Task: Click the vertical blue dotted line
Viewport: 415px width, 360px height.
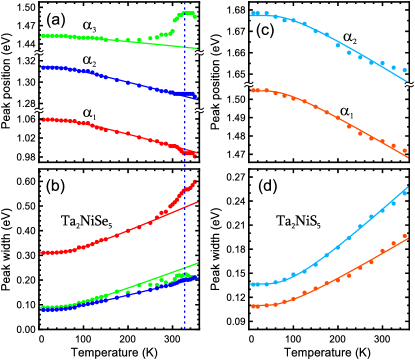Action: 185,200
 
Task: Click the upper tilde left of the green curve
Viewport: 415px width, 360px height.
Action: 38,53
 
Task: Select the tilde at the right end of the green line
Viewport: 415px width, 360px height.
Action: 199,53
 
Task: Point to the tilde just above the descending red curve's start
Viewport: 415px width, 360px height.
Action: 38,111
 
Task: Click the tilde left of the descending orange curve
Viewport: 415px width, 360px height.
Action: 248,85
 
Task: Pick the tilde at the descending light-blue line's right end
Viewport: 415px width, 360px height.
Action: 409,85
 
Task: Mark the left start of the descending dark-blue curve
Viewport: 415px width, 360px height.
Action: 43,67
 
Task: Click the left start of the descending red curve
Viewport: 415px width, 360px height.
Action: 43,119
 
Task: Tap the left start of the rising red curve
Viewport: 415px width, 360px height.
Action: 43,252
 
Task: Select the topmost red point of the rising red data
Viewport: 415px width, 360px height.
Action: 194,182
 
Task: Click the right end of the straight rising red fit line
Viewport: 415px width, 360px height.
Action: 197,203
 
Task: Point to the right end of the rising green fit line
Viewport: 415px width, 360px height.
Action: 197,264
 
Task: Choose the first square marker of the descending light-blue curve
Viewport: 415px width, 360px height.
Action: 254,14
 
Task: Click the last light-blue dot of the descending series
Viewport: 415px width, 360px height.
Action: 405,70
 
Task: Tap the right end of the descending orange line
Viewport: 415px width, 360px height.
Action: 407,157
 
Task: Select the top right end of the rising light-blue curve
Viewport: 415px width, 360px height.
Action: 407,187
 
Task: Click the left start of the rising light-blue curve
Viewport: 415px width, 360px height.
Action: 253,285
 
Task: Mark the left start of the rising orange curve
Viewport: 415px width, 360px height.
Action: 253,306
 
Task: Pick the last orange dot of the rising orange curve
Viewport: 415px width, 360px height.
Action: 405,237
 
